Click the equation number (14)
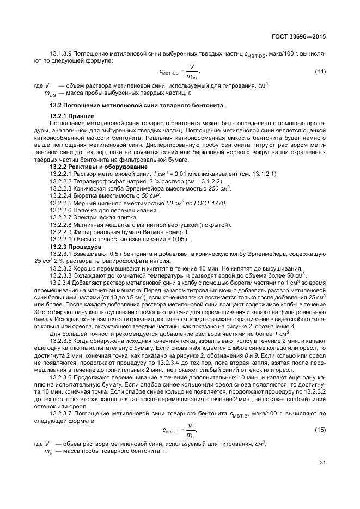(320, 71)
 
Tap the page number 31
(322, 463)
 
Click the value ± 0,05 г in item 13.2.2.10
(175, 240)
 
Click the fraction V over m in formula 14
(191, 71)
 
